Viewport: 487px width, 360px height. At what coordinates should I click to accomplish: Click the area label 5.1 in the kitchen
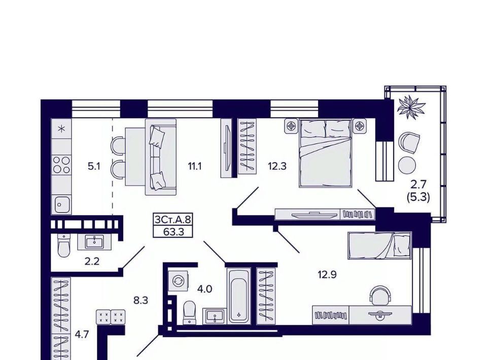(94, 166)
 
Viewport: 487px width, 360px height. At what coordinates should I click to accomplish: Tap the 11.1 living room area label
(194, 166)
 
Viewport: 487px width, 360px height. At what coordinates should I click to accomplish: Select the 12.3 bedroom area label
(277, 166)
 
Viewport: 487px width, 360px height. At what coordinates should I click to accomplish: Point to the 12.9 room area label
(327, 274)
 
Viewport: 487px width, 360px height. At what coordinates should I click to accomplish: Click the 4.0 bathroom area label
(204, 289)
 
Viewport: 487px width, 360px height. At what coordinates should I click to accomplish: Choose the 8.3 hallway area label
(141, 300)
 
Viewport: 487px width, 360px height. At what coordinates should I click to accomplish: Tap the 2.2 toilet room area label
(92, 261)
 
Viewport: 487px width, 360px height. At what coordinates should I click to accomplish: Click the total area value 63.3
(173, 232)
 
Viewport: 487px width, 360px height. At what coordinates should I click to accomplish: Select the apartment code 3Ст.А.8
(172, 220)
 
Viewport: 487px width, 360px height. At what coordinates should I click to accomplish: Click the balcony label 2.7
(418, 185)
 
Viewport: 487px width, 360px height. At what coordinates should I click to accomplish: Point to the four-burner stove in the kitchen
(61, 165)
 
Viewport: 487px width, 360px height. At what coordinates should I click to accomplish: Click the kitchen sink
(62, 204)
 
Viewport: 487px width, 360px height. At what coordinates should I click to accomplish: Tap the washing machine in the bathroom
(178, 281)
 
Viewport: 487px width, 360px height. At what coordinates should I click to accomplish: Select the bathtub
(238, 296)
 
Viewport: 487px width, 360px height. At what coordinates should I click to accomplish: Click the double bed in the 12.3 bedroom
(325, 153)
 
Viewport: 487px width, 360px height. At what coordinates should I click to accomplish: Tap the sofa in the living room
(161, 157)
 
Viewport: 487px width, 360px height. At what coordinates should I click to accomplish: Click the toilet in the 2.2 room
(64, 246)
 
